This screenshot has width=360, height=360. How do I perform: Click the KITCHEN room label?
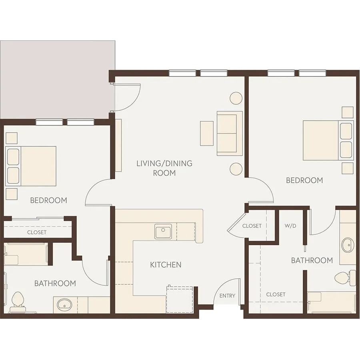pos(166,265)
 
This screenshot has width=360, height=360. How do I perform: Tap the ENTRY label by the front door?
pos(227,296)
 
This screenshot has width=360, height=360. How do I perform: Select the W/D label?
pos(290,226)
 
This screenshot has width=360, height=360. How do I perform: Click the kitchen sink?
pos(163,232)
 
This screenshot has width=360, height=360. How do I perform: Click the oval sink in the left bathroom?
pos(64,305)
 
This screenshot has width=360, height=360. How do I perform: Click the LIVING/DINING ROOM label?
pos(164,168)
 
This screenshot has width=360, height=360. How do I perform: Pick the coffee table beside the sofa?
pos(207,133)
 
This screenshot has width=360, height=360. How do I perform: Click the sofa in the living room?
pos(230,133)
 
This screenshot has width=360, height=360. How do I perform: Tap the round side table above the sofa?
pos(236,98)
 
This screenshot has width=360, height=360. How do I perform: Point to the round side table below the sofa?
pos(236,169)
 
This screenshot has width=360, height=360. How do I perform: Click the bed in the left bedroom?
pos(31,166)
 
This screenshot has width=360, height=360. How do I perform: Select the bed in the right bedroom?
pos(328,140)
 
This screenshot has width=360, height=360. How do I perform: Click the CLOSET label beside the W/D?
pos(252,226)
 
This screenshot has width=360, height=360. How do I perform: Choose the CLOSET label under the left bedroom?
pos(37,232)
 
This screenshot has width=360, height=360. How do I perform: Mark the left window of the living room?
pos(182,73)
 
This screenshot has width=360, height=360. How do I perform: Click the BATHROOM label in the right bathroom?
pos(312,260)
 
